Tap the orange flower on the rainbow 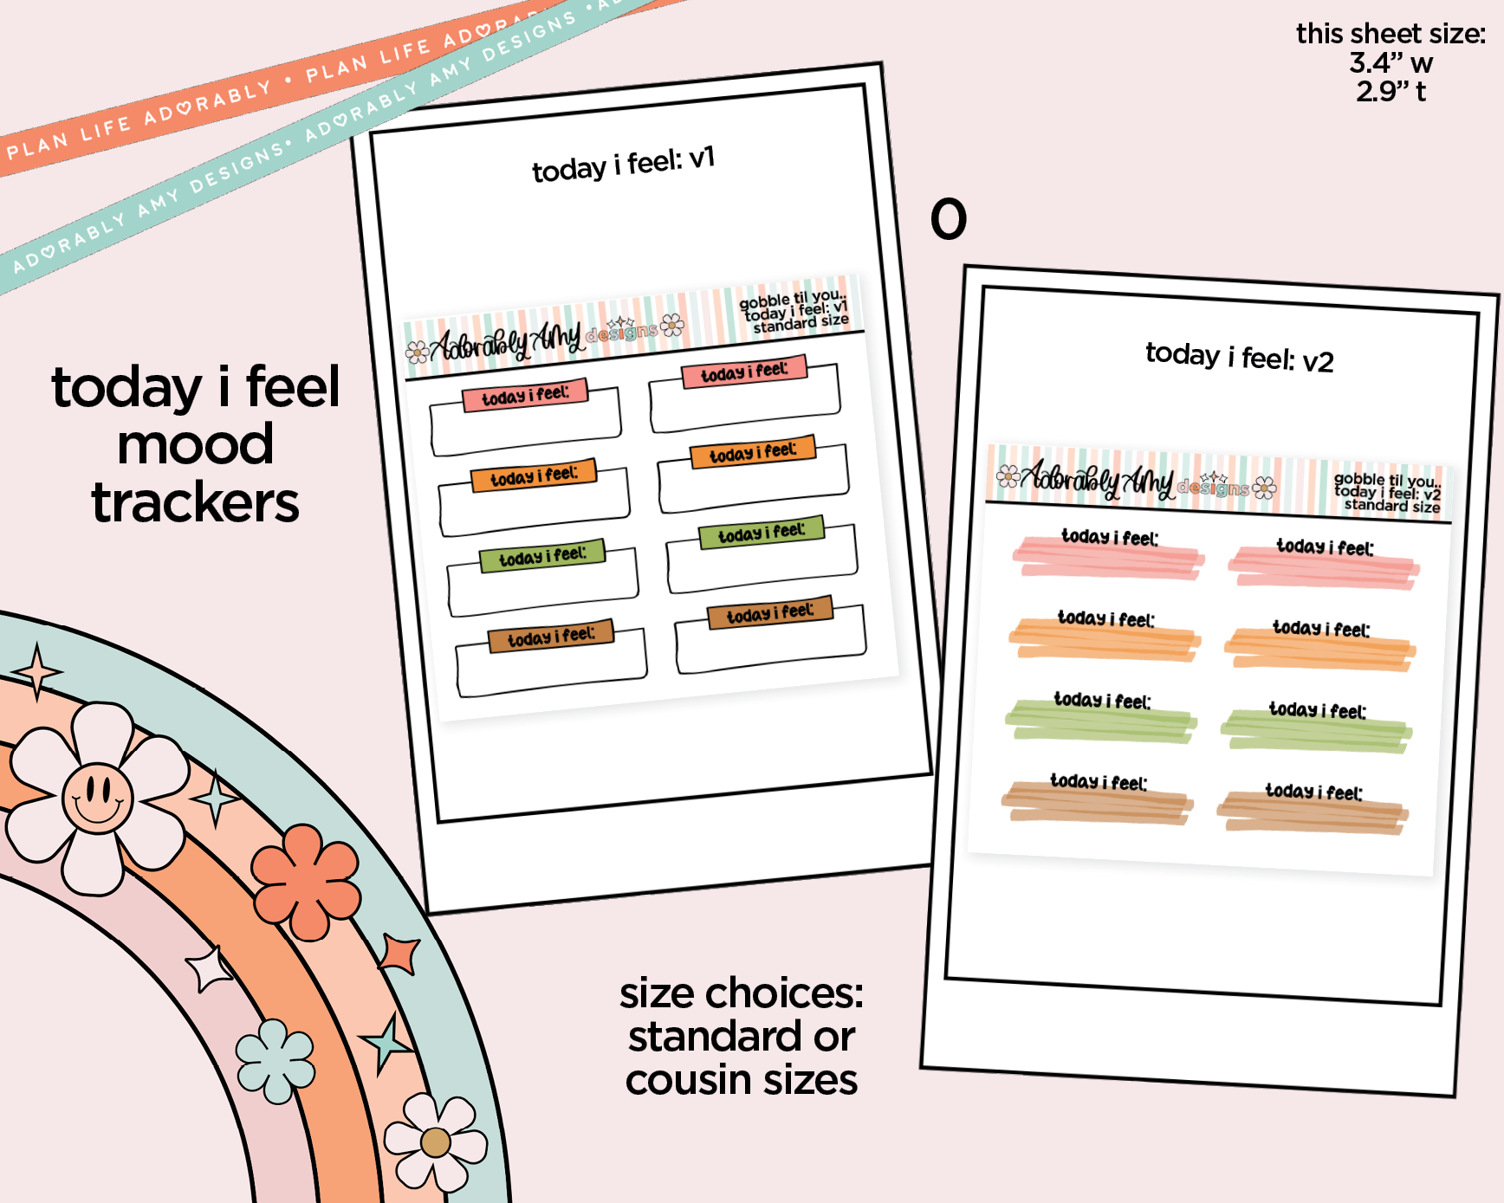305,882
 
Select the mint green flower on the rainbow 276,1060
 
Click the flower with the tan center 435,1142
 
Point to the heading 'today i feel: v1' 623,165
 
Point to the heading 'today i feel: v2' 1239,356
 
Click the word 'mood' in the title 196,445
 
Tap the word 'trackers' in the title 196,503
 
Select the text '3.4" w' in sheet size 1391,63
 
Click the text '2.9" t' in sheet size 1391,92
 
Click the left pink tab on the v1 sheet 524,395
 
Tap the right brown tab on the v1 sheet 770,612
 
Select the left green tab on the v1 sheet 542,556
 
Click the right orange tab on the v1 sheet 753,452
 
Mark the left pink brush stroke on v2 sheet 1109,559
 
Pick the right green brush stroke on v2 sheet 1317,732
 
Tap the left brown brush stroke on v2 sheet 1098,804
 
